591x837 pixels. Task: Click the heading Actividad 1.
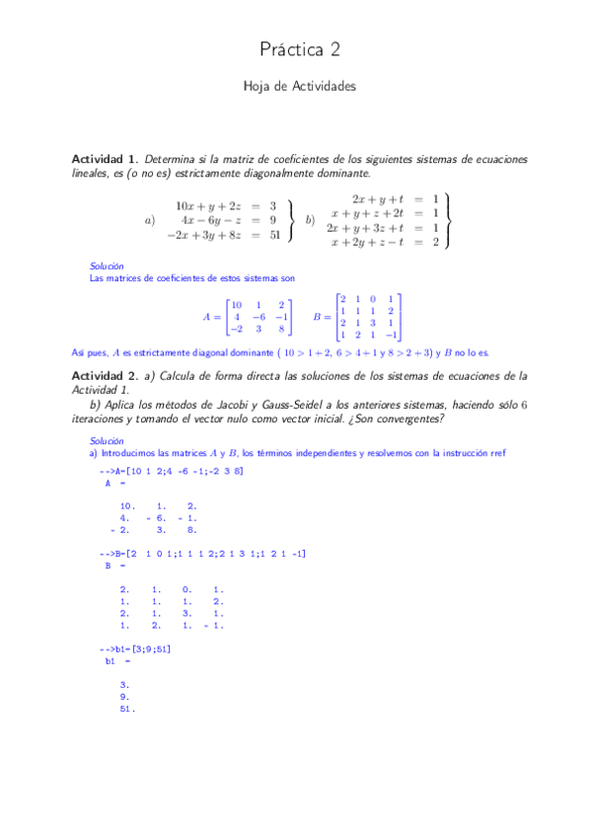(x=105, y=159)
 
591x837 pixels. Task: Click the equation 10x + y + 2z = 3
(x=226, y=206)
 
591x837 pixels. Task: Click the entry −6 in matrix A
(x=259, y=317)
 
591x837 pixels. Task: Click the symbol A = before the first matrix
(x=212, y=317)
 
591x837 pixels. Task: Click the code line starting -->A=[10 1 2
(x=172, y=472)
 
